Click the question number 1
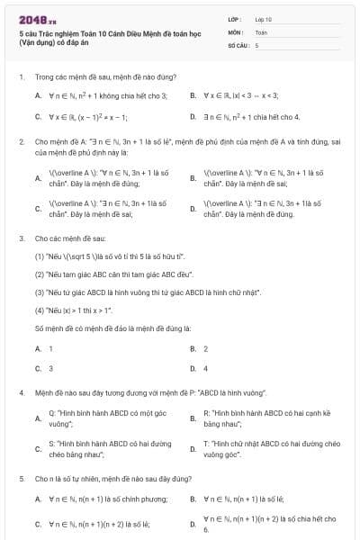tap(22, 77)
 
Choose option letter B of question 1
tap(193, 94)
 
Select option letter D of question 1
tap(193, 117)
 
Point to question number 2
tap(22, 142)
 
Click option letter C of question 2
tap(38, 210)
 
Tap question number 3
tap(22, 238)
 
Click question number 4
tap(22, 393)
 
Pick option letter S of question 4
tap(38, 448)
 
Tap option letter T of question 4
tap(193, 448)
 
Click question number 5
tap(22, 479)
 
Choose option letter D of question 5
tap(193, 523)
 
